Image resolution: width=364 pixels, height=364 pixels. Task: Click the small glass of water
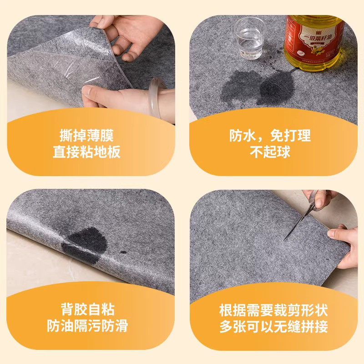click(249, 38)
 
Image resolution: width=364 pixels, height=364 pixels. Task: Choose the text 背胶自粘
click(87, 310)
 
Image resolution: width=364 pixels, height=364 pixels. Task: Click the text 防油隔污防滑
click(87, 326)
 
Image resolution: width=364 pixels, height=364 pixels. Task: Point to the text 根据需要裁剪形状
click(273, 311)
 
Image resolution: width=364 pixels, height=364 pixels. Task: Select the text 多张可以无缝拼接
click(273, 327)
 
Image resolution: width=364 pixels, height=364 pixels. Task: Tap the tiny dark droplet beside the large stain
click(123, 252)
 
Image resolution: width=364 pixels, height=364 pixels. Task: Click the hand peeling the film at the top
click(125, 34)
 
